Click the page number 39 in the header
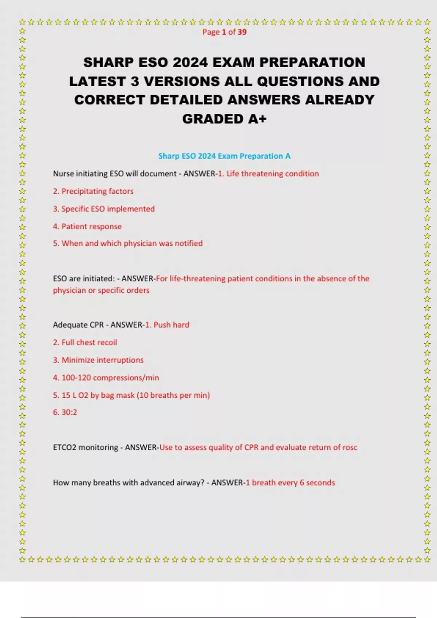[242, 32]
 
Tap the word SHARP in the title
[108, 63]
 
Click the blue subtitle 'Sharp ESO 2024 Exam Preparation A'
[224, 156]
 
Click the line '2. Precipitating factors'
[93, 191]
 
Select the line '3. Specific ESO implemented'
[104, 209]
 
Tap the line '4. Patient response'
[87, 226]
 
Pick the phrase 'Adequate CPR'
[78, 325]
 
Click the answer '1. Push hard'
[167, 325]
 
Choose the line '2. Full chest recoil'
[85, 342]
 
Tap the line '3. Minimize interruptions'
[98, 360]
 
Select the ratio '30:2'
[69, 412]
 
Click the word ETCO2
[65, 448]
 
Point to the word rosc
[350, 448]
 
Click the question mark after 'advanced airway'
[202, 483]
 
